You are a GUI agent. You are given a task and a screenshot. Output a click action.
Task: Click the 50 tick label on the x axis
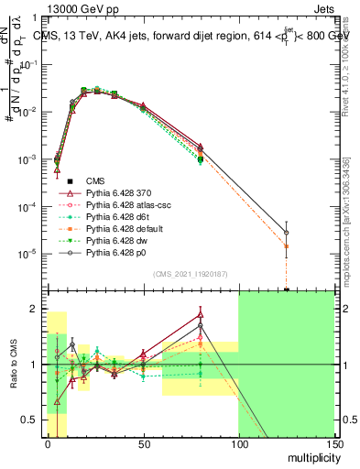tap(143, 443)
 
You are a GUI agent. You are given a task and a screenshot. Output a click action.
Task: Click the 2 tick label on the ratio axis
tap(37, 310)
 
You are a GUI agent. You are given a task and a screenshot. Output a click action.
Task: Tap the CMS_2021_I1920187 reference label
tap(190, 274)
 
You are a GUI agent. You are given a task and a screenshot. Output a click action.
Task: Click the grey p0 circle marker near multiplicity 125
tap(286, 232)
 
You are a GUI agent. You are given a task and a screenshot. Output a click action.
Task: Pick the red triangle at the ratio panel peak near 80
tap(200, 315)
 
